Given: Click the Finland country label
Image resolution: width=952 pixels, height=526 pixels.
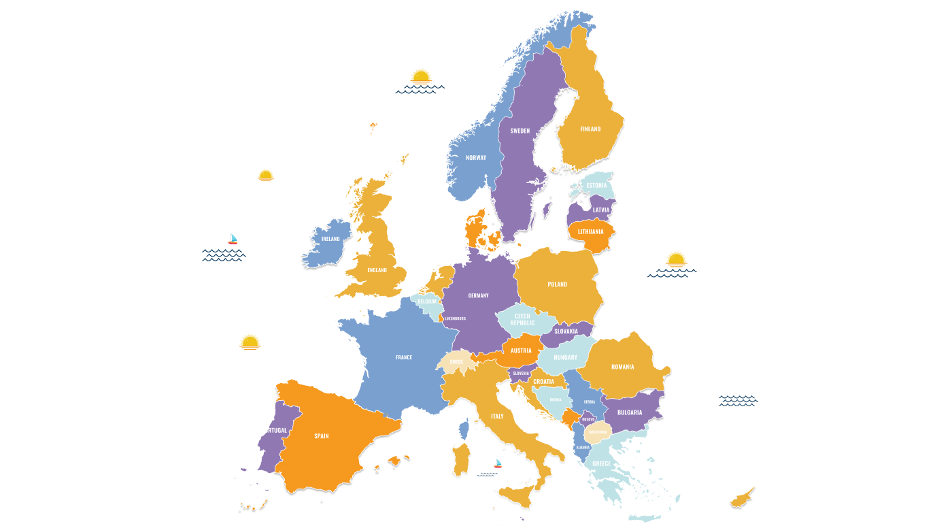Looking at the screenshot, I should (590, 129).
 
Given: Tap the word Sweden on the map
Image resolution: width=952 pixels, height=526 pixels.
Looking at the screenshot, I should (520, 131).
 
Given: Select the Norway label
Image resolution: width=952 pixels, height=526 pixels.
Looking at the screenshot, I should (476, 158).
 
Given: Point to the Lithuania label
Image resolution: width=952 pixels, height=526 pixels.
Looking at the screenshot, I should (590, 232).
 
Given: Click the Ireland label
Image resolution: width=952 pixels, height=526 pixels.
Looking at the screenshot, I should (330, 240).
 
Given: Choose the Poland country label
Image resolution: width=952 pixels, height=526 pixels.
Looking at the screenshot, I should (558, 284).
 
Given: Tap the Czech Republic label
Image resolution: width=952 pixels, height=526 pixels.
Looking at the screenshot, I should (522, 320).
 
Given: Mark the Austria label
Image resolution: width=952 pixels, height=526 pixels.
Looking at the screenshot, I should (521, 351).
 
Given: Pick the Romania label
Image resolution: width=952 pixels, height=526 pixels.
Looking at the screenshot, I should (622, 367).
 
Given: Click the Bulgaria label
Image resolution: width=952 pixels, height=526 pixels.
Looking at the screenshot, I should (630, 413).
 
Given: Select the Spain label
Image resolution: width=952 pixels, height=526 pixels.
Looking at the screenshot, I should (322, 436).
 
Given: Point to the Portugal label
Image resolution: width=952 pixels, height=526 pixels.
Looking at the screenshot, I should (274, 431).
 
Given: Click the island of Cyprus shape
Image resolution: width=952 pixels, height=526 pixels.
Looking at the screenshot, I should (741, 499).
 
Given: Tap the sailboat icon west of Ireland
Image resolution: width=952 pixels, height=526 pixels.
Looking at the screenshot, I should (233, 239).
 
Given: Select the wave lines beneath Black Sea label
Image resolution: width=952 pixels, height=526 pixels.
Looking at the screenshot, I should (738, 401).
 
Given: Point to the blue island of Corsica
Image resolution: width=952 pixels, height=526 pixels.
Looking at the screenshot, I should (464, 429).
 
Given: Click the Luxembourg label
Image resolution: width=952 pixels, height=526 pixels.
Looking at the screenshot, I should (455, 318).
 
